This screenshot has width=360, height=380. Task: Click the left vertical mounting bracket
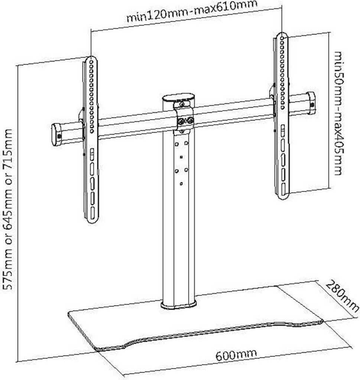pos(90,141)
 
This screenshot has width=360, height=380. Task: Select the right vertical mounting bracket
pos(282,115)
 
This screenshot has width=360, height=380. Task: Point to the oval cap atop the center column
pos(179,99)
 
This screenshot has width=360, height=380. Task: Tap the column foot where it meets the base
pos(178,305)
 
